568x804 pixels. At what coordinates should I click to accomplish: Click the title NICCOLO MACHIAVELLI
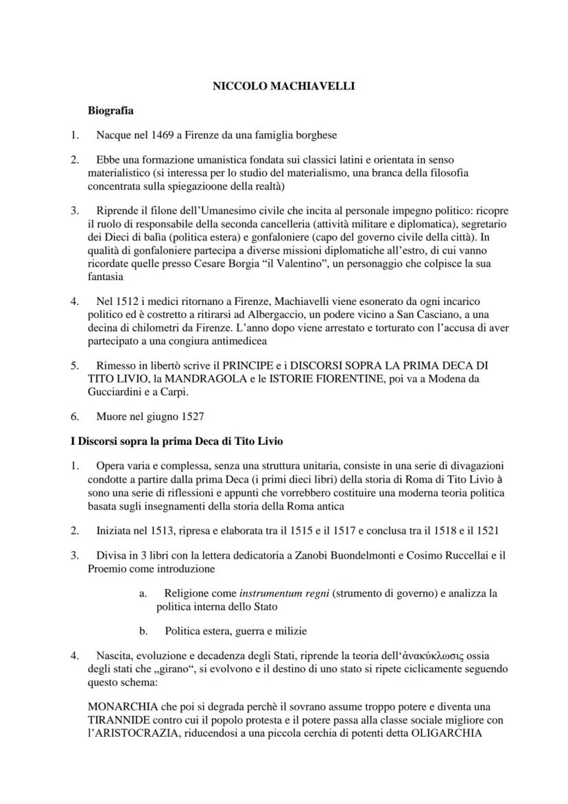283,87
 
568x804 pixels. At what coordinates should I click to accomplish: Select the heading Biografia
110,110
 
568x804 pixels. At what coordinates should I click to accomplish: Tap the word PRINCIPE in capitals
228,367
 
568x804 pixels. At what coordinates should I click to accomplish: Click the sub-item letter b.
143,631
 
